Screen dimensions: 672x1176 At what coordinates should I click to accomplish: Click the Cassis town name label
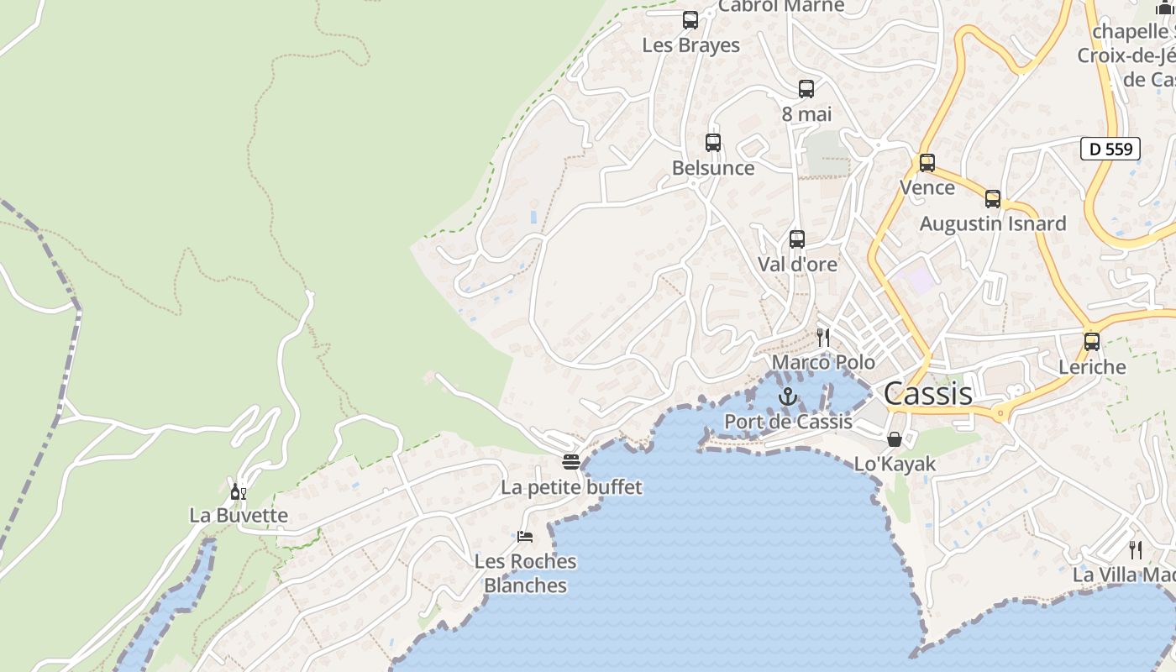coord(928,393)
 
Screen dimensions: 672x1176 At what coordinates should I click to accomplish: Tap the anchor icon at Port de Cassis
coord(788,396)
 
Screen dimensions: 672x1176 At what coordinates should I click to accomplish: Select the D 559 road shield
coord(1110,150)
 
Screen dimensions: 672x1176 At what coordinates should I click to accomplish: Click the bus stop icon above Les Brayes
coord(690,20)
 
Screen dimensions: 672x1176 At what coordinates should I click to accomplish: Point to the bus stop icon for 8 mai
coord(806,89)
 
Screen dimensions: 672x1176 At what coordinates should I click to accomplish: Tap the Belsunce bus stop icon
coord(713,143)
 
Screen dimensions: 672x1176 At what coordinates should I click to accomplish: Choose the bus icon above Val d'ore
coord(797,239)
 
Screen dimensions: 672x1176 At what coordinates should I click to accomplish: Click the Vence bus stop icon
coord(927,163)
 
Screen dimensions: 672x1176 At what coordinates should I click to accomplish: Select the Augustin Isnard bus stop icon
coord(993,199)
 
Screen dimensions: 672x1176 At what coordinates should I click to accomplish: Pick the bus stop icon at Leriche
coord(1092,342)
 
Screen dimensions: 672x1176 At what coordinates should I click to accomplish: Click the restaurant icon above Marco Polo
coord(823,338)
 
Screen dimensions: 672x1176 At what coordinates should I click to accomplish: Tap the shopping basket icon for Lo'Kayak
coord(895,439)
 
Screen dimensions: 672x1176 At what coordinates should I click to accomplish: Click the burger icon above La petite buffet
coord(571,462)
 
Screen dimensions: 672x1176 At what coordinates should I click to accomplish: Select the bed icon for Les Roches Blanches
coord(525,536)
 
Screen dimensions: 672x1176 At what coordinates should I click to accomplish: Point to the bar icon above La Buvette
coord(239,491)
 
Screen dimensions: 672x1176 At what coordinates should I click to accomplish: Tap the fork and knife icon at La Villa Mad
coord(1136,550)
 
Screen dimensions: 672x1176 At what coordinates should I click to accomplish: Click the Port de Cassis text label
coord(788,422)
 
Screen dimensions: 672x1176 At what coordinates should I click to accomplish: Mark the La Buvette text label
coord(239,516)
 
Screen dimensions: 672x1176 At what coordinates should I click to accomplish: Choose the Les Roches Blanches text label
coord(526,573)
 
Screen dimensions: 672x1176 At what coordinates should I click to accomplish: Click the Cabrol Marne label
coord(781,7)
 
